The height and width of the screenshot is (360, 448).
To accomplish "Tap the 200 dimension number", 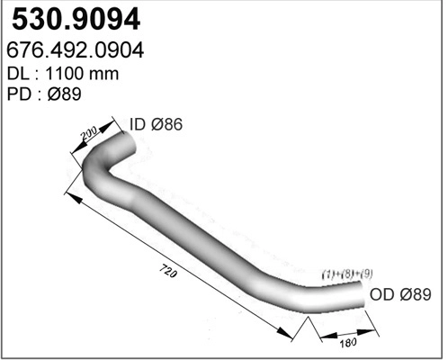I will pyautogui.click(x=88, y=136).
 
